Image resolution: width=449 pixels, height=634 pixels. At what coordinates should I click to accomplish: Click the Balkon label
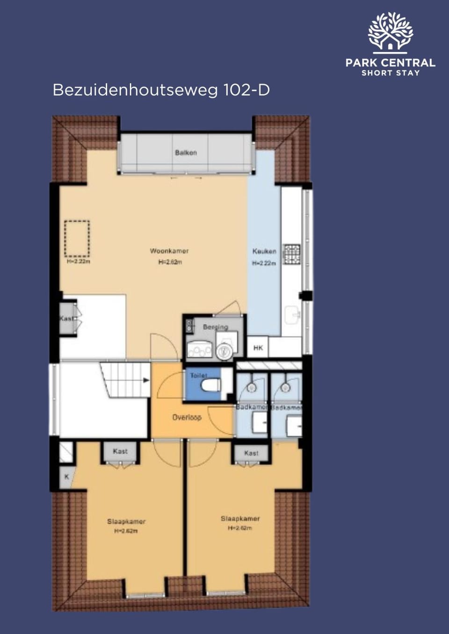(x=186, y=153)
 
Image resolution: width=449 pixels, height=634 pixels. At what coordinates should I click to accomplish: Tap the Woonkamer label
(x=169, y=251)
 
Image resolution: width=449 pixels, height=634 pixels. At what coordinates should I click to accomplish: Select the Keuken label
(x=264, y=251)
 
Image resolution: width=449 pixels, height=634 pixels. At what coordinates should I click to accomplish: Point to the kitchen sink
(x=292, y=314)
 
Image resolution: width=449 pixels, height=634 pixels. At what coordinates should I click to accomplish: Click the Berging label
(x=215, y=327)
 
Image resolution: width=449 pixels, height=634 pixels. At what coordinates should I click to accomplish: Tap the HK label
(x=258, y=348)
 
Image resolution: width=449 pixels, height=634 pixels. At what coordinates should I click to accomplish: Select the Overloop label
(x=187, y=417)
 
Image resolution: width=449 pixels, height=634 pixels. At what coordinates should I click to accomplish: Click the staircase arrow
(x=146, y=380)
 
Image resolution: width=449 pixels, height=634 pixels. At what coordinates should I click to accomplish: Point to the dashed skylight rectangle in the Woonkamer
(x=77, y=239)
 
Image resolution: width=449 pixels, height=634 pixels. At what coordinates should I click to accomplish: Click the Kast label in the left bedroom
(x=120, y=451)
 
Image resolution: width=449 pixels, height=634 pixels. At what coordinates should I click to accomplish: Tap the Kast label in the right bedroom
(x=251, y=453)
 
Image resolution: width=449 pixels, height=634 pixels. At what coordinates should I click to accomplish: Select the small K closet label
(x=67, y=477)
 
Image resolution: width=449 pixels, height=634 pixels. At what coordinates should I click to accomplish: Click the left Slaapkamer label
(x=126, y=521)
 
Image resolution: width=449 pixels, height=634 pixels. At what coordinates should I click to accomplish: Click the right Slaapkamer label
(x=240, y=519)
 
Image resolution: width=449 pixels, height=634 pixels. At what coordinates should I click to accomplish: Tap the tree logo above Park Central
(x=390, y=31)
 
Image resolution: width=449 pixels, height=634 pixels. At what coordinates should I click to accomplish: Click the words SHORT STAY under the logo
(x=391, y=73)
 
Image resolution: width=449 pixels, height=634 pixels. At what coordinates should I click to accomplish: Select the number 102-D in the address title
(x=246, y=90)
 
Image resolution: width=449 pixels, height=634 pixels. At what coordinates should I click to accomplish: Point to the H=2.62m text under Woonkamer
(x=170, y=262)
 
